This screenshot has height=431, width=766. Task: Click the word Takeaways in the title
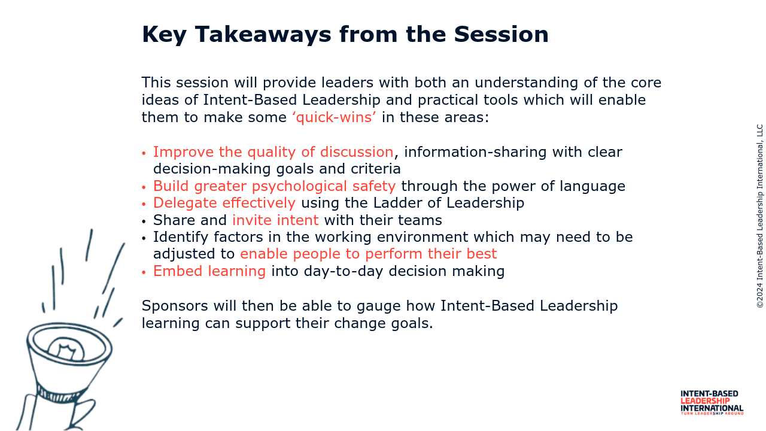pyautogui.click(x=263, y=35)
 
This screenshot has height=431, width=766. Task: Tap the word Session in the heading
pyautogui.click(x=501, y=34)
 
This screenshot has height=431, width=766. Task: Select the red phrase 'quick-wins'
pyautogui.click(x=334, y=117)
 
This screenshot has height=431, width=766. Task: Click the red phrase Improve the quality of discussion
pyautogui.click(x=273, y=152)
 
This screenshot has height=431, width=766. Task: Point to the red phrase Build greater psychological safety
pyautogui.click(x=274, y=186)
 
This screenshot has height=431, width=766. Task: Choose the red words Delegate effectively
pyautogui.click(x=224, y=203)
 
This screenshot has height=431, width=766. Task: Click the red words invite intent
pyautogui.click(x=275, y=220)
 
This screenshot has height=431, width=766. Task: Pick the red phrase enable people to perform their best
pyautogui.click(x=368, y=254)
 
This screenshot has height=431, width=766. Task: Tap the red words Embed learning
pyautogui.click(x=209, y=271)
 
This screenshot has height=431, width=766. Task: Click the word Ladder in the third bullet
pyautogui.click(x=397, y=203)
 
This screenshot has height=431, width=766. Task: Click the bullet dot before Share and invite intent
pyautogui.click(x=144, y=221)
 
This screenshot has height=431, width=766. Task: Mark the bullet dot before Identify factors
pyautogui.click(x=144, y=238)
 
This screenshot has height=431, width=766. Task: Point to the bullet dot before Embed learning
pyautogui.click(x=144, y=272)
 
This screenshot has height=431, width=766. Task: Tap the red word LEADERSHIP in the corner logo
pyautogui.click(x=705, y=401)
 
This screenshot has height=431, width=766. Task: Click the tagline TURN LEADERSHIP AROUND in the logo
pyautogui.click(x=712, y=413)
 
